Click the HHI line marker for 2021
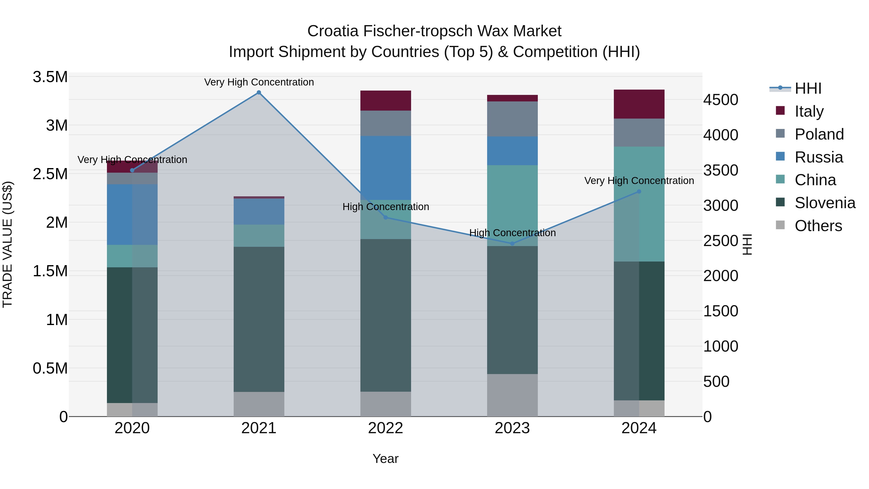tap(259, 92)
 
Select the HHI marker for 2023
tap(512, 243)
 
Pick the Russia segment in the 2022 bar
tap(385, 168)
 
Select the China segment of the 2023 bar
tap(512, 205)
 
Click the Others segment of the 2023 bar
tap(512, 395)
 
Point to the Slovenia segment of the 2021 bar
tap(259, 319)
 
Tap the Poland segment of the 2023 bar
tap(512, 119)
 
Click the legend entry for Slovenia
tap(825, 203)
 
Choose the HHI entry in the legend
tap(808, 88)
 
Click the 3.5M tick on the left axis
tap(50, 77)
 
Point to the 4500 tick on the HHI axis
tap(721, 100)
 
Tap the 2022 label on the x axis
tap(385, 428)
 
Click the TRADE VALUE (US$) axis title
tap(7, 244)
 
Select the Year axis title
tap(385, 459)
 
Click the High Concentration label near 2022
tap(385, 206)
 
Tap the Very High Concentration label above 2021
tap(259, 82)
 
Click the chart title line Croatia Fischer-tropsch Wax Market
tap(434, 31)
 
